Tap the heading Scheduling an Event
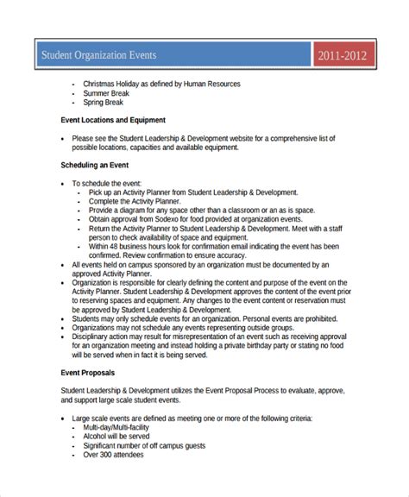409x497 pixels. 96,164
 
